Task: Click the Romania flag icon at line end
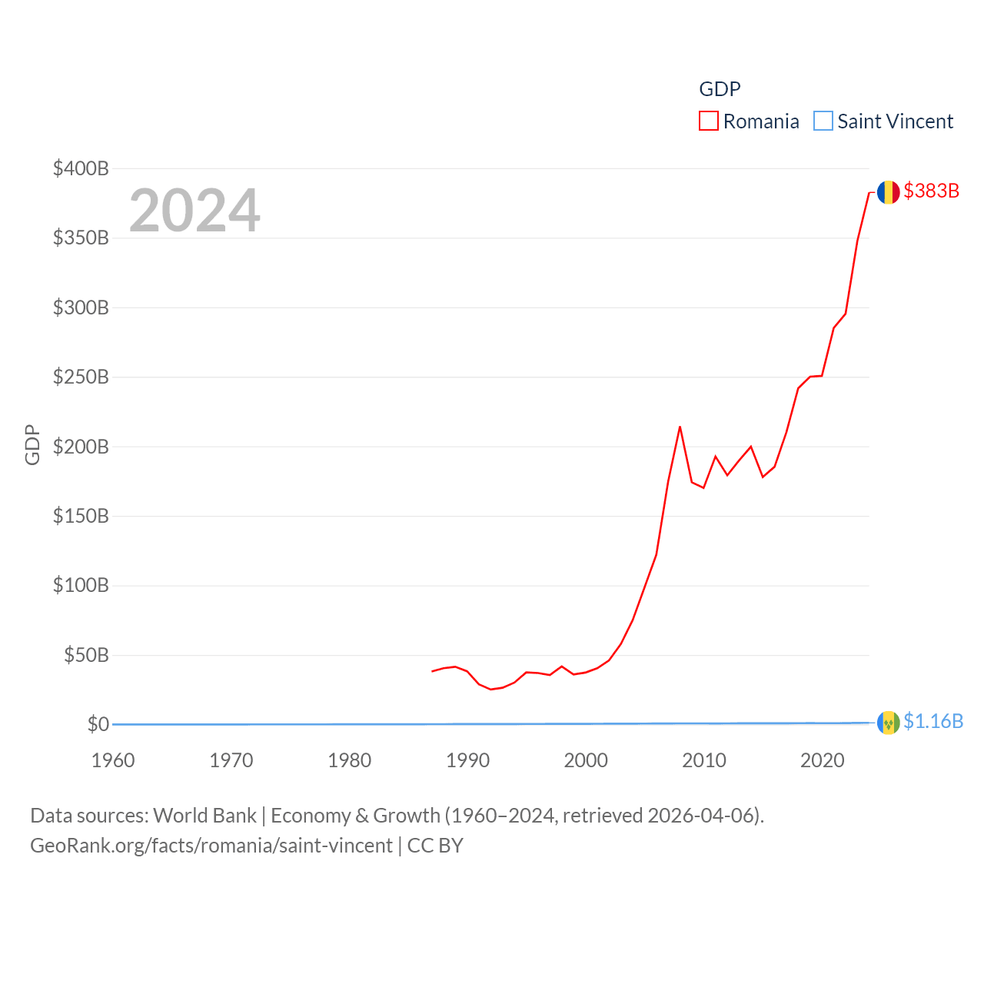coord(888,192)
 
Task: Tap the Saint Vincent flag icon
coord(888,723)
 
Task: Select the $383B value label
coord(931,191)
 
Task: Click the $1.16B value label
coord(932,721)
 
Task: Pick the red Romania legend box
coord(708,121)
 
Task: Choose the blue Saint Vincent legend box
coord(823,121)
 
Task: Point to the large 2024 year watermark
coord(194,210)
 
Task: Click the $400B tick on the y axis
coord(81,168)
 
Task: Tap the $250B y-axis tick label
coord(81,377)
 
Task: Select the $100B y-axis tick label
coord(81,585)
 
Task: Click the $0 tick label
coord(98,724)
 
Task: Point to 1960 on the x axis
coord(113,760)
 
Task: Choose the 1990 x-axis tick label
coord(467,760)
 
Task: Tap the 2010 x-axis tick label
coord(704,760)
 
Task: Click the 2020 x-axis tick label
coord(822,760)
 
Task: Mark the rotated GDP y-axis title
coord(32,444)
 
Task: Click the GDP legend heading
coord(720,89)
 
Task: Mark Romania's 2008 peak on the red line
coord(680,427)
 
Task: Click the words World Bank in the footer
coord(204,815)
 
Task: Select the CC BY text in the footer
coord(435,846)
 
